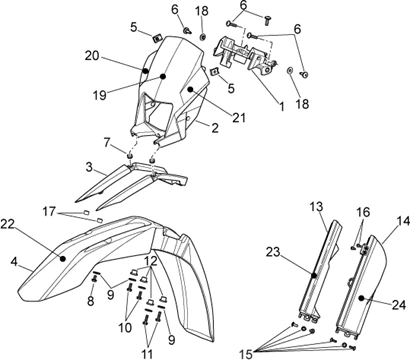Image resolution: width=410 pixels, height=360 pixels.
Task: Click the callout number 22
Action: (7, 224)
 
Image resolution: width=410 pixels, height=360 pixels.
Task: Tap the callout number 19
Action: (100, 95)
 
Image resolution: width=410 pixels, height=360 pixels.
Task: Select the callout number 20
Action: (92, 56)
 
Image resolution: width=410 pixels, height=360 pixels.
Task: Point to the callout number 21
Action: (239, 117)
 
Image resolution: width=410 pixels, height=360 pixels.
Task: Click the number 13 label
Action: (316, 207)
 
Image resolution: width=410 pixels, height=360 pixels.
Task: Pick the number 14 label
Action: (403, 222)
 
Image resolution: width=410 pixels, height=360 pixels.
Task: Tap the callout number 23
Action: (274, 252)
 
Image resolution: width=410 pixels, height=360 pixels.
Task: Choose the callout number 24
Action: (399, 305)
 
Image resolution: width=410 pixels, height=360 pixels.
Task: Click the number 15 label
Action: (246, 354)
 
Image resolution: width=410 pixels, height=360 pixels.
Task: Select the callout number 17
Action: (49, 211)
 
